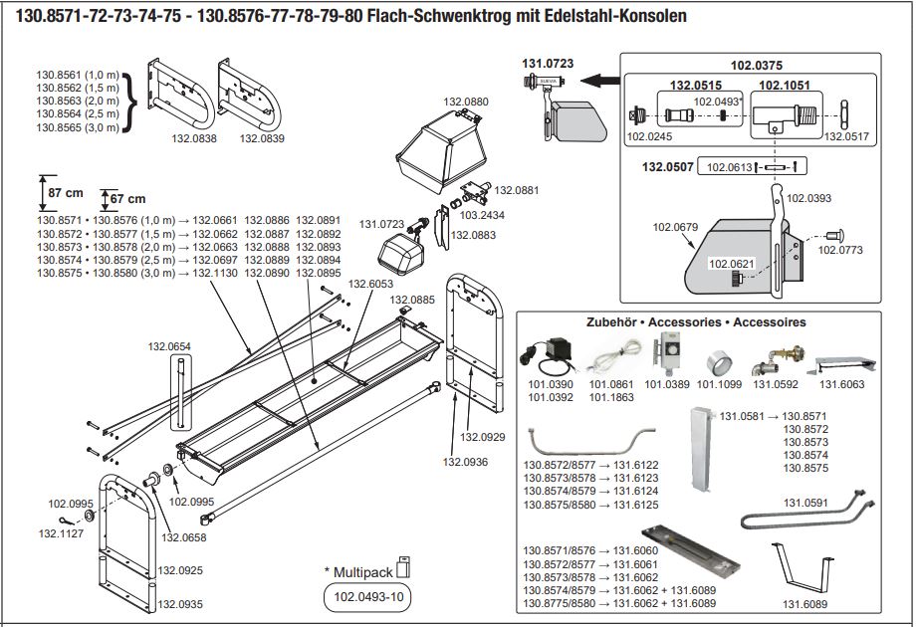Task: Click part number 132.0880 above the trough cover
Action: [x=463, y=103]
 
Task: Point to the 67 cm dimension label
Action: [x=127, y=198]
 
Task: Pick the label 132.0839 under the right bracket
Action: [x=262, y=138]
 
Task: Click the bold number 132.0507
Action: [x=667, y=166]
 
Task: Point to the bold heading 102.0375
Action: [x=756, y=66]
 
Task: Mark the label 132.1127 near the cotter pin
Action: [x=62, y=532]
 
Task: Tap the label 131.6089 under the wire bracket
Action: [x=806, y=603]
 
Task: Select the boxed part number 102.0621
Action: [x=732, y=264]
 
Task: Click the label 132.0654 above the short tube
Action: [x=169, y=346]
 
